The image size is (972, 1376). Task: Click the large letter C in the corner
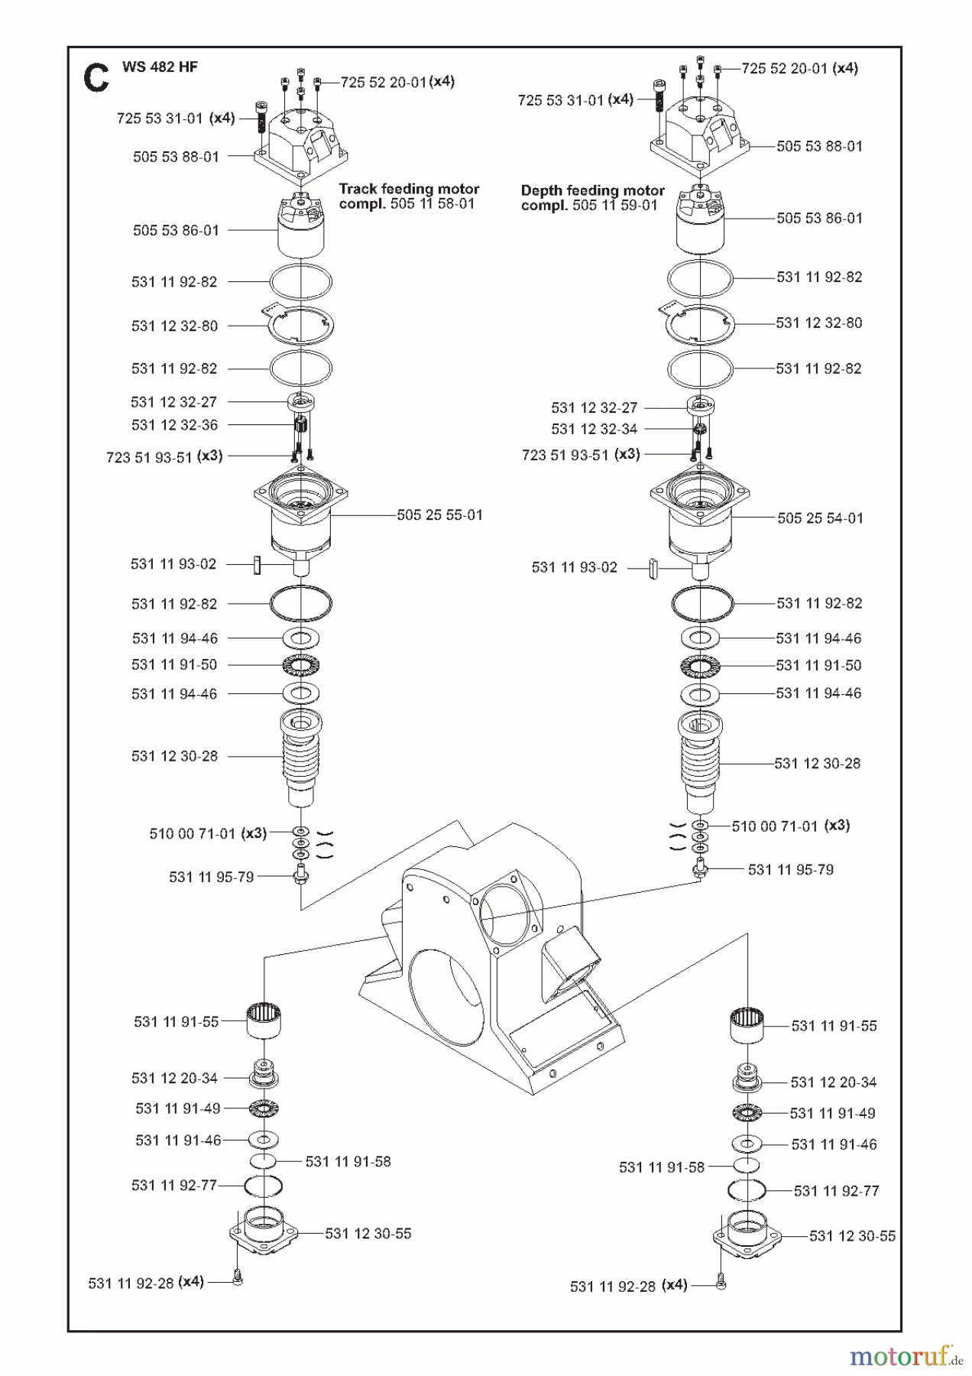coord(96,77)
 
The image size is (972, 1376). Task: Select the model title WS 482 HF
coord(160,67)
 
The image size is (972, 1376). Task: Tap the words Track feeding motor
coord(409,188)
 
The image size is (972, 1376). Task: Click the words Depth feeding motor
coord(593,190)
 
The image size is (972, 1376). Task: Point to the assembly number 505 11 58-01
coord(433,204)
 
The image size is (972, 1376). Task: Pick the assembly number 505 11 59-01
coord(615,206)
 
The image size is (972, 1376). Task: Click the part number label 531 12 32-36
coord(174,425)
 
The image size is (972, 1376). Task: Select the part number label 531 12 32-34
coord(594,430)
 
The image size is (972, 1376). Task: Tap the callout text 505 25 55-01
coord(439,515)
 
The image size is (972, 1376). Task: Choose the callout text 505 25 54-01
coord(820,518)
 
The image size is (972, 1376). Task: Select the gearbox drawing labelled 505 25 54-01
coord(699,524)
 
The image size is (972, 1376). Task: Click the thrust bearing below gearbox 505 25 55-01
coord(301,666)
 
